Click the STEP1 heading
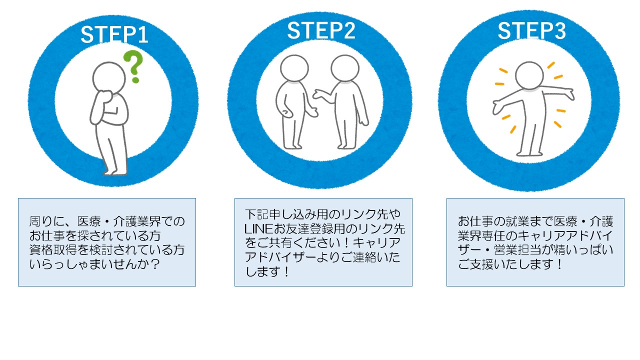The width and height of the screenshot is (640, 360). point(114,35)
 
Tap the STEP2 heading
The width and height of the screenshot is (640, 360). point(321,31)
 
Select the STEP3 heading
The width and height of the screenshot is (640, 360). point(531,31)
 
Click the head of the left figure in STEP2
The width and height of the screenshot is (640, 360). point(293,69)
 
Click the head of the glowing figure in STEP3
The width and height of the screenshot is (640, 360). point(529,75)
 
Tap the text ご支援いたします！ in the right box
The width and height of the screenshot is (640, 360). point(510,264)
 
